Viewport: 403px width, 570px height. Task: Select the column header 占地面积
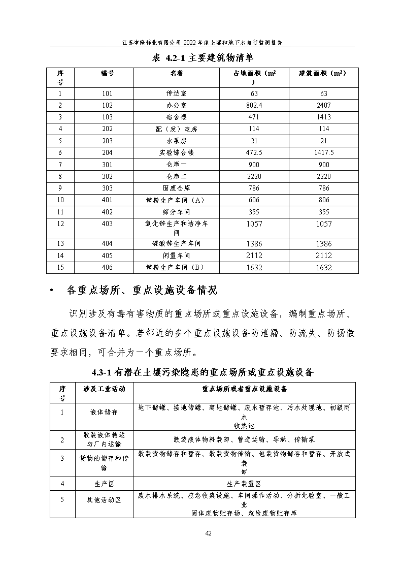point(254,74)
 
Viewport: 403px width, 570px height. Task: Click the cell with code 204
point(107,152)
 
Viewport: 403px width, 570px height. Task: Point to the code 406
point(107,268)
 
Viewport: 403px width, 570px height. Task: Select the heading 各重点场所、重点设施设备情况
point(142,291)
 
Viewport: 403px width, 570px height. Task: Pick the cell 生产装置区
point(244,484)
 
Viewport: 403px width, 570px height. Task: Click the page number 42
point(208,533)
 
